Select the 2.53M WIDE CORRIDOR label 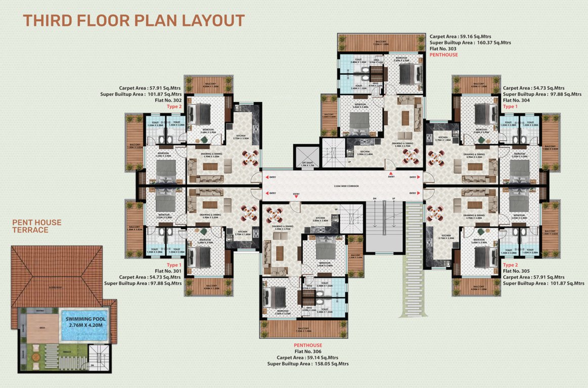(x=347, y=186)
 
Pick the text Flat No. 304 (x=516, y=100)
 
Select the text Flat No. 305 (x=516, y=271)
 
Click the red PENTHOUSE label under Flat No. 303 (x=443, y=55)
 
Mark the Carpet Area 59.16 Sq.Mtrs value (x=460, y=37)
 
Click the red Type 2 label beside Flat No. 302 (x=174, y=107)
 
